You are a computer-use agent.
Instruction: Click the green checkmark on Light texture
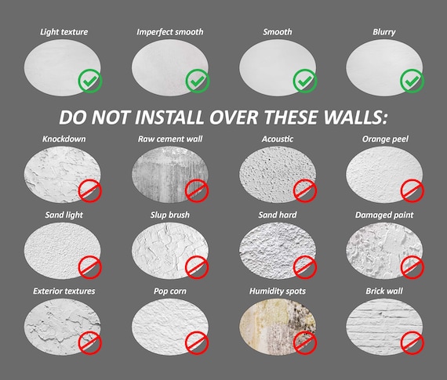click(90, 81)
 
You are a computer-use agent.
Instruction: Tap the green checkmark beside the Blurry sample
click(412, 81)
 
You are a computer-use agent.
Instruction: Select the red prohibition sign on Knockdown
click(90, 190)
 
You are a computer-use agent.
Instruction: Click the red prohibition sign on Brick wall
click(412, 343)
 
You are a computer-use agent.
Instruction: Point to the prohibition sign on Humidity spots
click(305, 343)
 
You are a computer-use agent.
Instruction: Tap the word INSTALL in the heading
click(169, 117)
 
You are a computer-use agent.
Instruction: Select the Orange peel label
click(385, 139)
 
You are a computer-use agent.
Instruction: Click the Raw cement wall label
click(170, 139)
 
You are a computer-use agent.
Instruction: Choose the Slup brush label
click(170, 215)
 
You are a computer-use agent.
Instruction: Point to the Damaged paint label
click(384, 215)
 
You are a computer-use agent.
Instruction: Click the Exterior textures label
click(64, 291)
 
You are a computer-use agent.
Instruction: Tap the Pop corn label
click(170, 291)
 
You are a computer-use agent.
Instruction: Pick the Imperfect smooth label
click(170, 32)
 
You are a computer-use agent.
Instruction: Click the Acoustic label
click(278, 139)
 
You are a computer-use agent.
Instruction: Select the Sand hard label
click(278, 215)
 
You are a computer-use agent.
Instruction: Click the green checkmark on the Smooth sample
click(305, 81)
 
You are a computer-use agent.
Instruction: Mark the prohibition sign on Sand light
click(90, 267)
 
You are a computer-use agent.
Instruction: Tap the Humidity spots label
click(278, 291)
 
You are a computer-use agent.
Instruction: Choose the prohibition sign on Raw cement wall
click(197, 190)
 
